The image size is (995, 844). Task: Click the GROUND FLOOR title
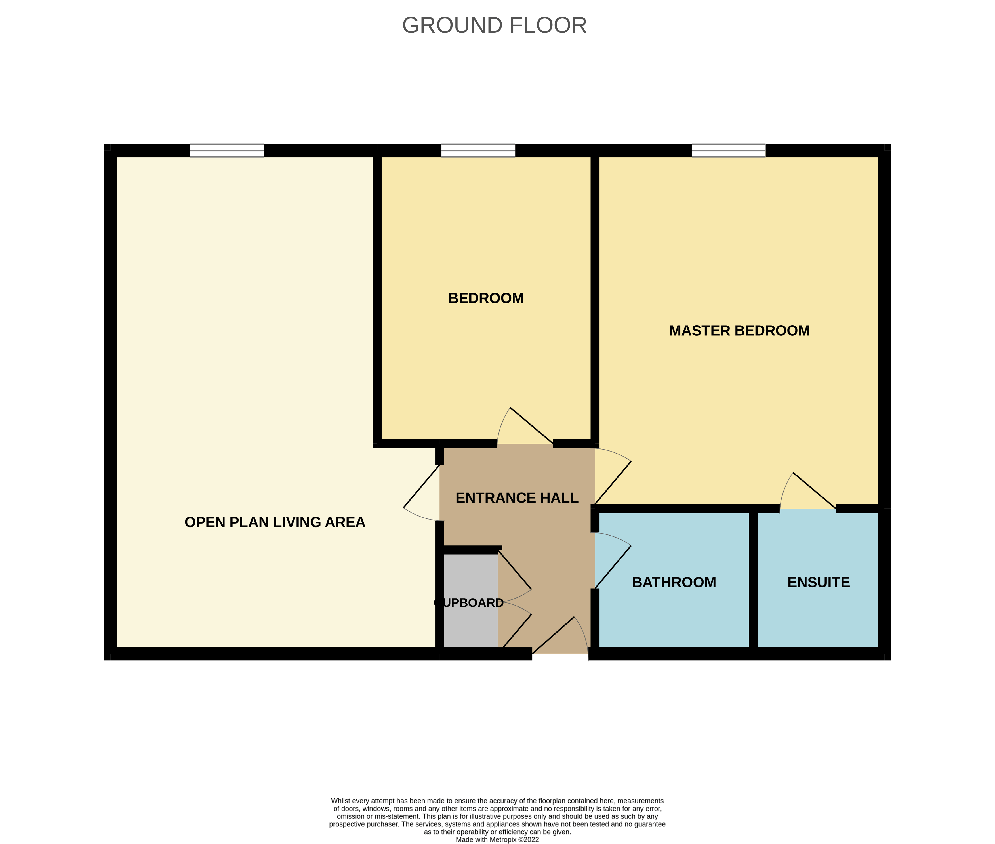coord(494,25)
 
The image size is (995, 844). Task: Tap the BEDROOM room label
coord(485,298)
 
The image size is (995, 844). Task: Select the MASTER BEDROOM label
coord(739,331)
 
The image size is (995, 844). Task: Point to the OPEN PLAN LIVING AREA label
coord(275,522)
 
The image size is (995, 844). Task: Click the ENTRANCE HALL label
coord(517,498)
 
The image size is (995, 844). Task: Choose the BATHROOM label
coord(674,582)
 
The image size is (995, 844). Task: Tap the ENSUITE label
coord(819,582)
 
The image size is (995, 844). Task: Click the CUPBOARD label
coord(469,603)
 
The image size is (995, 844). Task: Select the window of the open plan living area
coord(227,150)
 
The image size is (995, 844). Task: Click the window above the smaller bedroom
coord(478,150)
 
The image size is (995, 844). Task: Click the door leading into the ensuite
coord(813,490)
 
